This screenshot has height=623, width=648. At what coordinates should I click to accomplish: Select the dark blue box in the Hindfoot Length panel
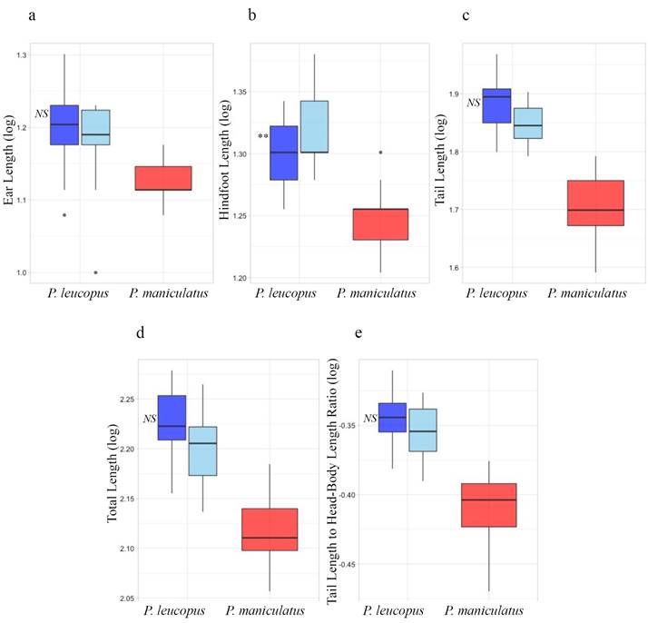click(284, 153)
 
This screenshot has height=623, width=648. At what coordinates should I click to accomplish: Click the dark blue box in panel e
click(392, 417)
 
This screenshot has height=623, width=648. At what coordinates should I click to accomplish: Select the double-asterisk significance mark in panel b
click(262, 137)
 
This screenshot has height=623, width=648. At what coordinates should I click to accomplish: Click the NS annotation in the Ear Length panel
click(41, 114)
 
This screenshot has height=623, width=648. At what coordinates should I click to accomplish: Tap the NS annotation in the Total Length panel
click(150, 419)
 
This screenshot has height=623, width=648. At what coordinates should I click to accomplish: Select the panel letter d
click(140, 332)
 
